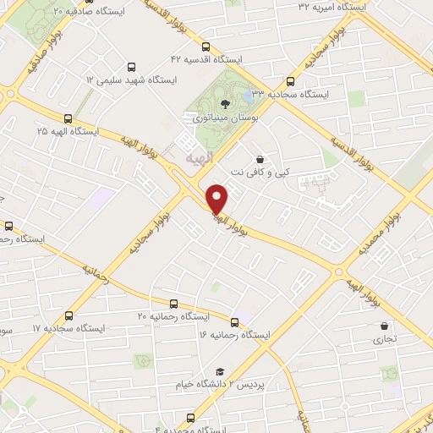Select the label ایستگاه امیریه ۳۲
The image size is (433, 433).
point(332,6)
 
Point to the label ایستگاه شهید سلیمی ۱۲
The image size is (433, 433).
point(128,79)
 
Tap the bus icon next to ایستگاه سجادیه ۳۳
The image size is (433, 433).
point(291,82)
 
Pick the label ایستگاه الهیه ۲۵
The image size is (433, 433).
point(68,132)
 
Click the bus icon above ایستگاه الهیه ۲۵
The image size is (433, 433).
point(68,118)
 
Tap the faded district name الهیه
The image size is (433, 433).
point(200,157)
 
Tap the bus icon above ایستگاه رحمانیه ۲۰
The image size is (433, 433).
point(173,303)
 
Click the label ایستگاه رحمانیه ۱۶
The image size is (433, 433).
point(233,335)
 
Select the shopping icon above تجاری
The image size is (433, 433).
point(385,326)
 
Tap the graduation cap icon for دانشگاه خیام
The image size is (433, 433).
point(221,371)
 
